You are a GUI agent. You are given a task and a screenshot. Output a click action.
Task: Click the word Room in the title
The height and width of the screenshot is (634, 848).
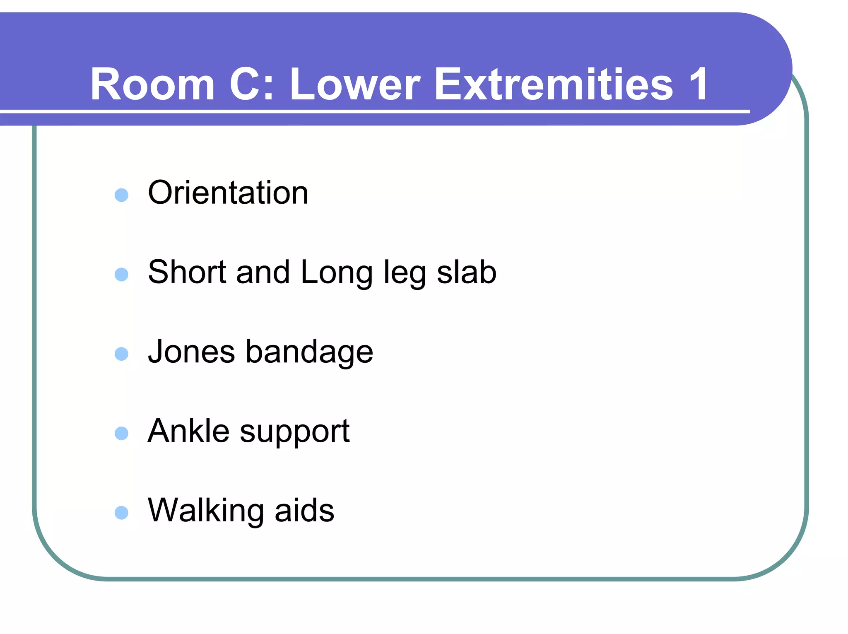pyautogui.click(x=152, y=84)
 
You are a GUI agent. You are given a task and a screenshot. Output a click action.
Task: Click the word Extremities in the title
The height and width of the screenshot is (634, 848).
pyautogui.click(x=553, y=84)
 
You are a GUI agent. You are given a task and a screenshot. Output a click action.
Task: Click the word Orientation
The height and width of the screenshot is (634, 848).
pyautogui.click(x=228, y=193)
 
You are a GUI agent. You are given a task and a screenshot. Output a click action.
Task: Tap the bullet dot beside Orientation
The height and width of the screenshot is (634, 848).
pyautogui.click(x=121, y=195)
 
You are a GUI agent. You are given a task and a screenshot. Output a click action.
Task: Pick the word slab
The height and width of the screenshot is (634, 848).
pyautogui.click(x=467, y=272)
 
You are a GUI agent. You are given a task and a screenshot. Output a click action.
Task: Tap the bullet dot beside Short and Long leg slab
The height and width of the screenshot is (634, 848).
pyautogui.click(x=121, y=275)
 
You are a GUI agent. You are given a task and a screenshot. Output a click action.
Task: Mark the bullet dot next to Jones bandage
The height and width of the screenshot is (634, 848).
pyautogui.click(x=121, y=354)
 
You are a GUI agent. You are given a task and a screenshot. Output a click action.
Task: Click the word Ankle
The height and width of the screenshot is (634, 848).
pyautogui.click(x=188, y=431)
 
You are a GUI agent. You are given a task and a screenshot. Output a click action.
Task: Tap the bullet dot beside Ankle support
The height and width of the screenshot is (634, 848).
pyautogui.click(x=121, y=434)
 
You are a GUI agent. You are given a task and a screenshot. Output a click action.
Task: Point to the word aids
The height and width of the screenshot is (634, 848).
pyautogui.click(x=304, y=510)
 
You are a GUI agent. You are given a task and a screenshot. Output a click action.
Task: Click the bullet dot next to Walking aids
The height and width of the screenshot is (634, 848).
pyautogui.click(x=121, y=513)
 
